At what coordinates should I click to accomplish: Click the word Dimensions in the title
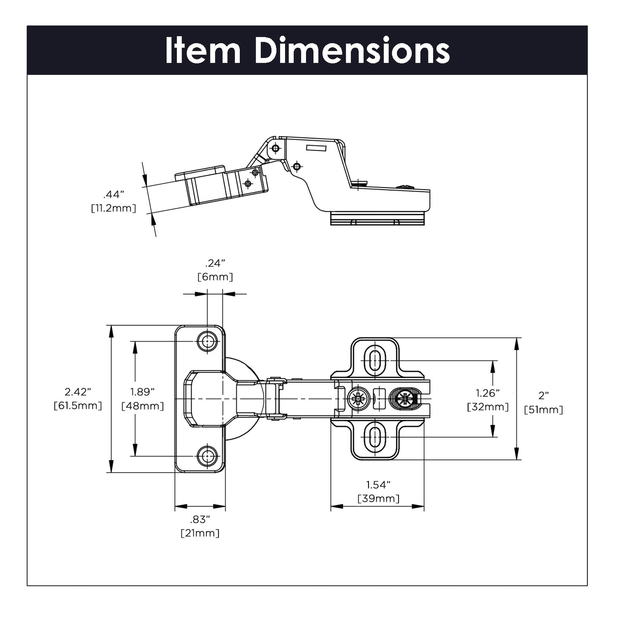[x=352, y=51]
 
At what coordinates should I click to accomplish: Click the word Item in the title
[x=203, y=51]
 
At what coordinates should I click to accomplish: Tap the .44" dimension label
[x=114, y=194]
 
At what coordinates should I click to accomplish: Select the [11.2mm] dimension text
[x=114, y=208]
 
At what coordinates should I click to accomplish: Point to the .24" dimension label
[x=215, y=263]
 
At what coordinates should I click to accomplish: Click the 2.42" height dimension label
[x=78, y=391]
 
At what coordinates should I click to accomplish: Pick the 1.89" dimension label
[x=142, y=391]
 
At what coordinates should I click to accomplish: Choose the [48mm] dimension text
[x=142, y=406]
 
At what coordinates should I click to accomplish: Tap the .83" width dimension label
[x=200, y=519]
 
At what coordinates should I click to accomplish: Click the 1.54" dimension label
[x=379, y=484]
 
